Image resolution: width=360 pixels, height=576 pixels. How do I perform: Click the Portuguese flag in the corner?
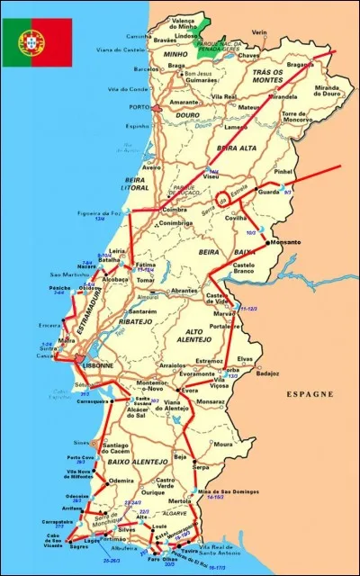coord(36,41)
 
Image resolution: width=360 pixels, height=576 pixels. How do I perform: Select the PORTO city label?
coord(139,108)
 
